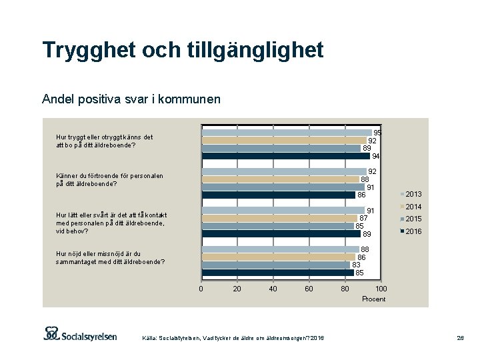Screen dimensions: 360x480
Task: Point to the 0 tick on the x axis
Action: coord(201,289)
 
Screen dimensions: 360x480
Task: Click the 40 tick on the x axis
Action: coord(273,289)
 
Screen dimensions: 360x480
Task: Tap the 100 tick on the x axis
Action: coord(380,289)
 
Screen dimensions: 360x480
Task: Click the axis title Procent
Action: coord(373,299)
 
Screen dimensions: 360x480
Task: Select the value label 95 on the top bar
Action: coord(377,133)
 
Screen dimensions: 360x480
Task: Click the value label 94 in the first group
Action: coord(376,156)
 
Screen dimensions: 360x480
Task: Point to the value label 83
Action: coord(357,265)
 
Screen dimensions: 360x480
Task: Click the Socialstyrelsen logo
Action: coord(80,334)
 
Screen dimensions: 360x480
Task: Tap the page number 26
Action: coord(460,339)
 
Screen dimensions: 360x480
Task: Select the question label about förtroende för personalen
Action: coord(100,180)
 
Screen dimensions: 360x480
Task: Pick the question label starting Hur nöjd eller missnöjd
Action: coord(110,258)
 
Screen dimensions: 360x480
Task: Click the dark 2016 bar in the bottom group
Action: coord(277,273)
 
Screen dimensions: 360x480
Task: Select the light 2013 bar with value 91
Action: coord(283,211)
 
